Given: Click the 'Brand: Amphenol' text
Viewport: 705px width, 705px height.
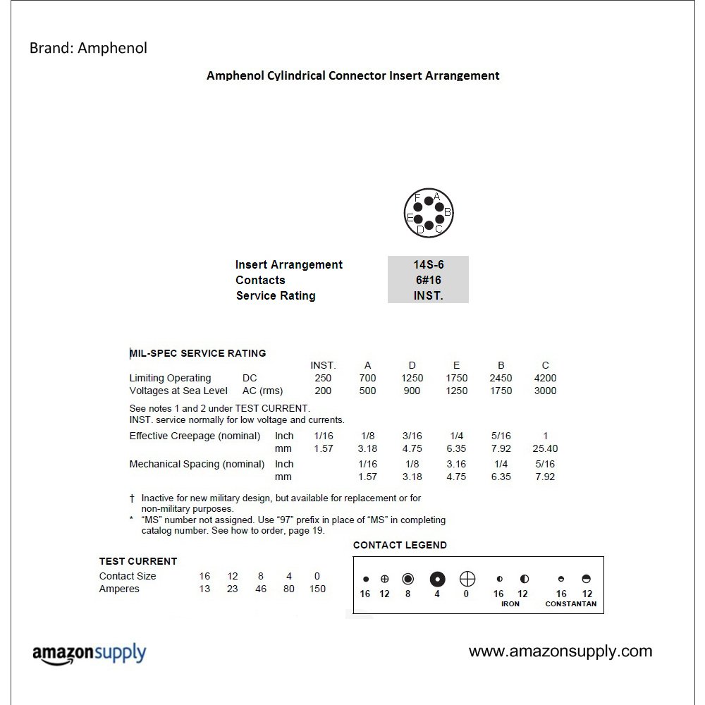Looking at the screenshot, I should [88, 49].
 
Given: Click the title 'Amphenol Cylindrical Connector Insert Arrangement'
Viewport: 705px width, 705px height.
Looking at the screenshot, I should [352, 75].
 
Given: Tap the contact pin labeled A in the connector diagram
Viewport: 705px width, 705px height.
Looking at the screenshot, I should [429, 202].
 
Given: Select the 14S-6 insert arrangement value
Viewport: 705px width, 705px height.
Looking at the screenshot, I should [429, 264].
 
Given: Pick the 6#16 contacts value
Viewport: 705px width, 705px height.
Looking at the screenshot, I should [429, 280].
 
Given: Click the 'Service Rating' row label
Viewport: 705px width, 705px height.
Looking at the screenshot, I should [276, 295].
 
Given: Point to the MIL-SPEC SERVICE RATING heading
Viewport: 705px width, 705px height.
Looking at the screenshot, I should [198, 353].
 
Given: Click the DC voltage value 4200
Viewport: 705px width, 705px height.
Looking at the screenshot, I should [545, 378].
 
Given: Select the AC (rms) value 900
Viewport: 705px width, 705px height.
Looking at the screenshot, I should [412, 391].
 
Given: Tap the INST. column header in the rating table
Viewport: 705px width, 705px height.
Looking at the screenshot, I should [323, 365].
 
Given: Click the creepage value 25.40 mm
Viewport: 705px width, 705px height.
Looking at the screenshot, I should [545, 448].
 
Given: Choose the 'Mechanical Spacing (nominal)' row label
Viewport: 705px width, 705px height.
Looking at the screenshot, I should [197, 464].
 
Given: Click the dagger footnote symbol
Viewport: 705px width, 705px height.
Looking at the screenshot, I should [132, 498].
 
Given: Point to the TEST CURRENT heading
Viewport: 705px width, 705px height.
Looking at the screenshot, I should [138, 561].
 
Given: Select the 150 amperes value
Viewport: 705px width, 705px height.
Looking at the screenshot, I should [317, 589].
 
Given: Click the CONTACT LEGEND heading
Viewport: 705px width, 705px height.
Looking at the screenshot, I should [400, 545].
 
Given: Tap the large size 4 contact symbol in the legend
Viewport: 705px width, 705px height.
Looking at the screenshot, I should [438, 580].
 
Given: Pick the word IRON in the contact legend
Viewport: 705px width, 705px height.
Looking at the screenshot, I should [510, 604].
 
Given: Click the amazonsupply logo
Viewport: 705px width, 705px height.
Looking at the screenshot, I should [89, 654].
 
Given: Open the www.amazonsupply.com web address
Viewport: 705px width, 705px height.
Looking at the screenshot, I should [560, 651].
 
